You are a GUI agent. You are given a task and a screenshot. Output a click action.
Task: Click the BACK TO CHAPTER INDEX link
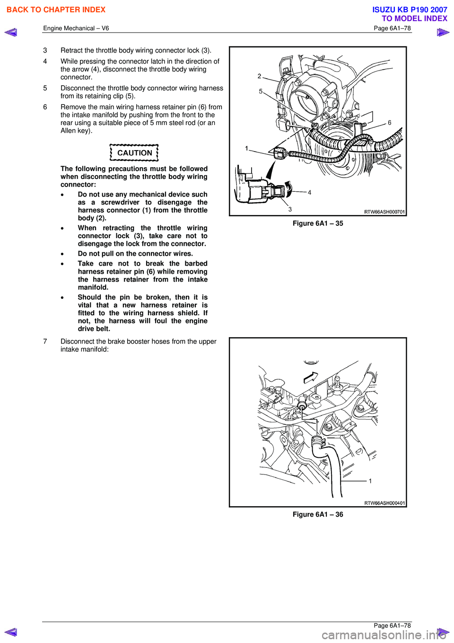tap(56, 9)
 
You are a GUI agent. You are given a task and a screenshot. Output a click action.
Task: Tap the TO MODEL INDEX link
tap(414, 18)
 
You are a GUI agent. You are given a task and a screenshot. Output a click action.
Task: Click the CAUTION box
tap(134, 153)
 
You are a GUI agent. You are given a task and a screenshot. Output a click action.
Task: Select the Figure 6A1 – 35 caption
tap(317, 223)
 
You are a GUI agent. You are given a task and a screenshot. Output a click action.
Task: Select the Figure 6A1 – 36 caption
tap(317, 515)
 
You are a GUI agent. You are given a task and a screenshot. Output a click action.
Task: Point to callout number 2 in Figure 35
tap(259, 76)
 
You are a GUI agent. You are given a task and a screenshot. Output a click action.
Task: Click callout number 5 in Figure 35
tap(261, 91)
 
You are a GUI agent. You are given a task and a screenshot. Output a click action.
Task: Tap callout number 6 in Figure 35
tap(390, 123)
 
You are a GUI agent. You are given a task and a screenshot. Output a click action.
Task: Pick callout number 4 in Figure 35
tap(310, 193)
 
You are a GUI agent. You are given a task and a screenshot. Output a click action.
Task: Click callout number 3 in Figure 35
tap(290, 209)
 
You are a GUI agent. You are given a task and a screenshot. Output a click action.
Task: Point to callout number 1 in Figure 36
tap(370, 481)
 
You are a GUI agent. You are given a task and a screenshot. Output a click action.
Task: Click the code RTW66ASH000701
tap(384, 212)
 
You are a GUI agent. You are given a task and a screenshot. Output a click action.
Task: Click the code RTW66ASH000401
tap(384, 503)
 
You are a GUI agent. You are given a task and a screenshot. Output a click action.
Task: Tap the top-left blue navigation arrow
tap(10, 32)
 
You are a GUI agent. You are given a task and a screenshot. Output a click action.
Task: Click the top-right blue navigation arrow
tap(443, 32)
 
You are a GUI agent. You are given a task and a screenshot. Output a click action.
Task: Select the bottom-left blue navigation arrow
tap(10, 632)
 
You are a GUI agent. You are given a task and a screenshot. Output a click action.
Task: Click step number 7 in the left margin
tap(45, 341)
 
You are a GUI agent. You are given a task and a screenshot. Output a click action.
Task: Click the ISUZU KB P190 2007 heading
tap(410, 9)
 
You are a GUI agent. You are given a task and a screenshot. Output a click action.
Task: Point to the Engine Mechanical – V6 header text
tap(76, 28)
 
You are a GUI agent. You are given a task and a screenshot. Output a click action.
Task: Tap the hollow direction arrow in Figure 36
tap(311, 377)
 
